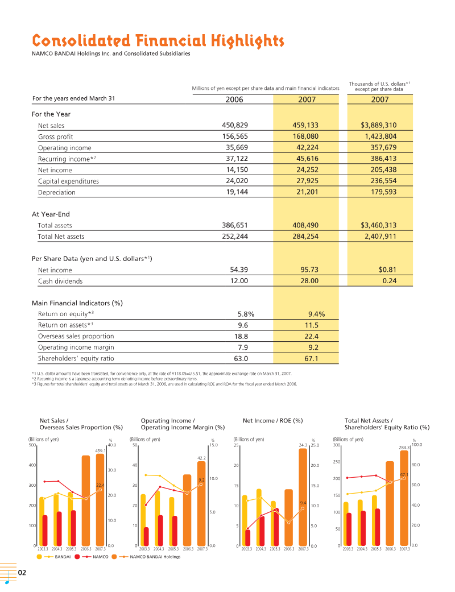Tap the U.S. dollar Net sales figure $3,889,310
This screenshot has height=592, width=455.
378,125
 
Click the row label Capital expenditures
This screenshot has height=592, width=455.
68,181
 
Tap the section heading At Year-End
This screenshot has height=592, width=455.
51,214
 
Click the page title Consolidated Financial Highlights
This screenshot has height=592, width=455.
158,41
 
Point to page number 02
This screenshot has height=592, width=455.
22,573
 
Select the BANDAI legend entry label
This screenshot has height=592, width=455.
63,557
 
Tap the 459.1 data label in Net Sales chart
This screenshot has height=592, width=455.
101,451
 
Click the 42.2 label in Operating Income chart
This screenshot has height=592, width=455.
201,458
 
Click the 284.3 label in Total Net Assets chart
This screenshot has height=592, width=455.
404,448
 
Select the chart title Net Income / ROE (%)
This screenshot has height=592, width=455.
272,421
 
